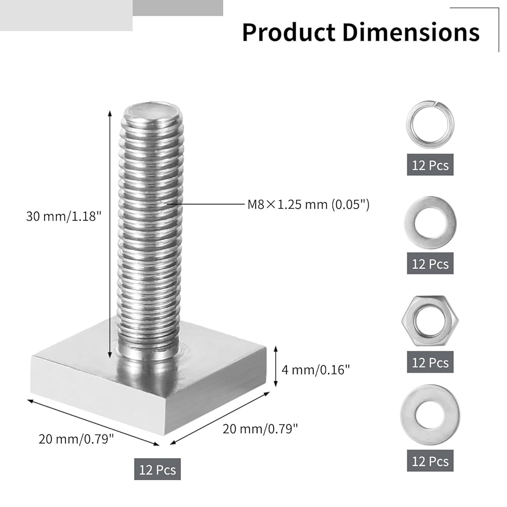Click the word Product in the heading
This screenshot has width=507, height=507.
pyautogui.click(x=289, y=32)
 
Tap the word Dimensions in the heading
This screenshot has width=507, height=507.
pyautogui.click(x=411, y=32)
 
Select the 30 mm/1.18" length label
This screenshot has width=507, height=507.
pyautogui.click(x=64, y=216)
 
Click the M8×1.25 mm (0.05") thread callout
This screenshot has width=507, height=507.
pyautogui.click(x=308, y=204)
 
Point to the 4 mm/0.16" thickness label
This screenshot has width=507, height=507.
pyautogui.click(x=315, y=370)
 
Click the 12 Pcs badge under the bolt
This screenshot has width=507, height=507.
pyautogui.click(x=158, y=469)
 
